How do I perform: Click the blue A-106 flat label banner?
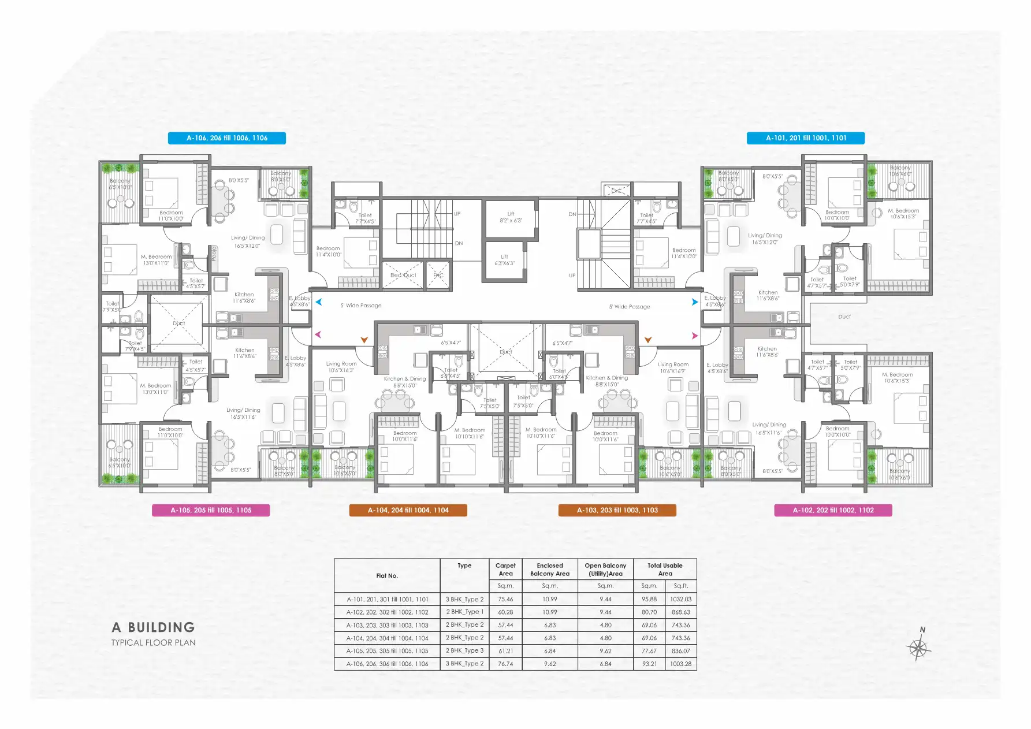pyautogui.click(x=227, y=138)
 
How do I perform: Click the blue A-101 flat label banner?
pyautogui.click(x=806, y=138)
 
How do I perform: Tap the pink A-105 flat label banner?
pyautogui.click(x=211, y=510)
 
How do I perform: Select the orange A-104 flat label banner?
pyautogui.click(x=408, y=510)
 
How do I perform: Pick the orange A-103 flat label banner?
pyautogui.click(x=617, y=510)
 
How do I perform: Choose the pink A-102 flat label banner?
pyautogui.click(x=833, y=510)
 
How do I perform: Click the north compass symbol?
pyautogui.click(x=918, y=647)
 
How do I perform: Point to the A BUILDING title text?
pyautogui.click(x=153, y=627)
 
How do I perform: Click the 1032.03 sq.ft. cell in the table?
pyautogui.click(x=680, y=600)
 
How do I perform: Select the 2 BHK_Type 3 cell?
pyautogui.click(x=464, y=651)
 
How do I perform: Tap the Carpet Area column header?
pyautogui.click(x=505, y=570)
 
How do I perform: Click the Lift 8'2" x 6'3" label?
pyautogui.click(x=511, y=217)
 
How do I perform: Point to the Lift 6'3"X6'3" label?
pyautogui.click(x=504, y=260)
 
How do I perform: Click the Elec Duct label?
pyautogui.click(x=403, y=275)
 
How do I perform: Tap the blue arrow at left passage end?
pyautogui.click(x=318, y=302)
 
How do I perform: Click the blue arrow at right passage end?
pyautogui.click(x=695, y=302)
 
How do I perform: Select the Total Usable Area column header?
pyautogui.click(x=665, y=570)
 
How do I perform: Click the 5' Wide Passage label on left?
pyautogui.click(x=361, y=306)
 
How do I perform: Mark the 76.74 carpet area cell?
pyautogui.click(x=505, y=664)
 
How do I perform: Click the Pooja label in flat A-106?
pyautogui.click(x=214, y=253)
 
